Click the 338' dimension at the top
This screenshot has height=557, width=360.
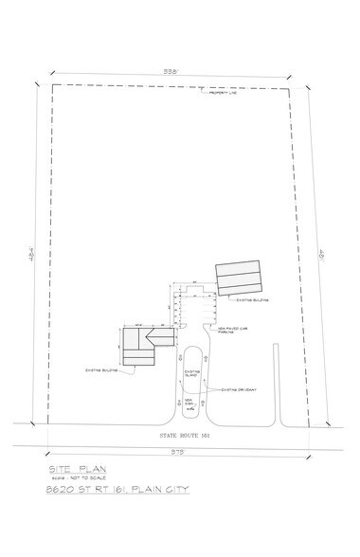point(170,71)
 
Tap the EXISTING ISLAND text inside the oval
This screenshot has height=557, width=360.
point(189,373)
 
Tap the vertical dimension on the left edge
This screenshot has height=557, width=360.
point(30,256)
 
